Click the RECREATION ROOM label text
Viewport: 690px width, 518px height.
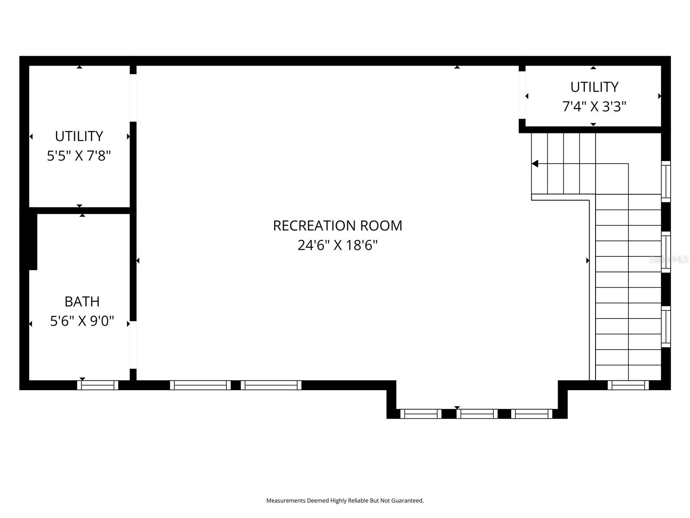click(337, 226)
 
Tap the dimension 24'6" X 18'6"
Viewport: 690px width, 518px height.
click(337, 246)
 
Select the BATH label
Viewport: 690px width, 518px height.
click(82, 301)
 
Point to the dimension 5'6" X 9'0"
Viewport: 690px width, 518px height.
click(82, 321)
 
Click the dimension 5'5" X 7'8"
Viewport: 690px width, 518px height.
click(79, 156)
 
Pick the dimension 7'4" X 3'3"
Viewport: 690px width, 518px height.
click(594, 106)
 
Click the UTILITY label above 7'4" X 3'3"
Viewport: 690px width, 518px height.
click(594, 87)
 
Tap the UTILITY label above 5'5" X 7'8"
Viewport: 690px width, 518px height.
click(79, 136)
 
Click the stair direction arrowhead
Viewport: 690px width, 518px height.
click(535, 164)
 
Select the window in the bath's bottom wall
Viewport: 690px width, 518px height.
click(97, 385)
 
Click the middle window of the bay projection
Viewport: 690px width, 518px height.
click(477, 414)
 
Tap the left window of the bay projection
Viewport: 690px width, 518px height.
click(421, 414)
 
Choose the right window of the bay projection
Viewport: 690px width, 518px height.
click(532, 414)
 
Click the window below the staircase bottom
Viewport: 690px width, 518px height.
click(628, 385)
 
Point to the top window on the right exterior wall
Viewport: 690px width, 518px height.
click(666, 181)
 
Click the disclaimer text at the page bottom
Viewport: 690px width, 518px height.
click(345, 501)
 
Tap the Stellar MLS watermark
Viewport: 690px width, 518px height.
click(668, 259)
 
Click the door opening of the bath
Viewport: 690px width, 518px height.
click(133, 345)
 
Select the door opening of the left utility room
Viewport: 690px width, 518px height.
click(133, 98)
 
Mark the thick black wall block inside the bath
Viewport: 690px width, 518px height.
click(31, 240)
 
